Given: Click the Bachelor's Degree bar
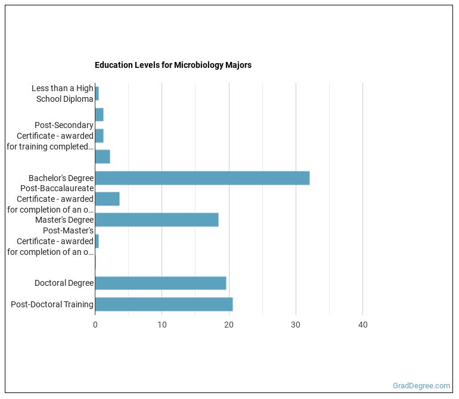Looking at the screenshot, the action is (202, 178).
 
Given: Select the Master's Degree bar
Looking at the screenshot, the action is (157, 220).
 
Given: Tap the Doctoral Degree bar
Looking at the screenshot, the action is (160, 283).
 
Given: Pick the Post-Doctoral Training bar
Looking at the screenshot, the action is (164, 304).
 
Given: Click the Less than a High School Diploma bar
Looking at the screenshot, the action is (97, 93).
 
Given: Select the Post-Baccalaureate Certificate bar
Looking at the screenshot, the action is (107, 199).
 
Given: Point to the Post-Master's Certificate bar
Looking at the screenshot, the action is (97, 241).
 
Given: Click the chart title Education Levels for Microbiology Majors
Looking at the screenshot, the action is (173, 65).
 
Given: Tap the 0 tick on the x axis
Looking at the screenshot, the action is (95, 325).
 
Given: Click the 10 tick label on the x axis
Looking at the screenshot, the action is (162, 325).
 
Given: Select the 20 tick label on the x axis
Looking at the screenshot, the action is (229, 325).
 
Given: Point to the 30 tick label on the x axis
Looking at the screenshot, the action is (296, 325).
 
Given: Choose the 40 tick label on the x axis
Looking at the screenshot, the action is (362, 325).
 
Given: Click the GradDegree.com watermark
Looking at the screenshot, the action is (421, 385).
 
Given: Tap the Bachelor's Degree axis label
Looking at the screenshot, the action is (61, 178).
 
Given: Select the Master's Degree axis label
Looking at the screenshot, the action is (64, 220).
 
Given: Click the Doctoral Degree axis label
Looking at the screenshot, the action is (64, 283).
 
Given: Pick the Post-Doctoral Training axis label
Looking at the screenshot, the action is (52, 304).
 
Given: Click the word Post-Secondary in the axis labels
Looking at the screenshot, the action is (64, 125).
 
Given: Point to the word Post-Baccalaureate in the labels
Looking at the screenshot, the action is (57, 188).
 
